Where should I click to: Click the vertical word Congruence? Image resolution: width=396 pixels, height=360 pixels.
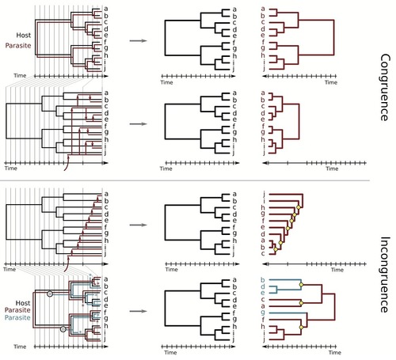[x=385, y=87]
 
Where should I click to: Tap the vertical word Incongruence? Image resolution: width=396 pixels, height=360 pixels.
[x=385, y=275]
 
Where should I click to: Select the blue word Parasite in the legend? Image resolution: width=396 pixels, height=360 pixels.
[x=17, y=317]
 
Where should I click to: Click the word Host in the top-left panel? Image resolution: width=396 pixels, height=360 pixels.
[x=24, y=35]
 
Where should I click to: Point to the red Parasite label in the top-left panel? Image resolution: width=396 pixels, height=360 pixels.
[x=18, y=45]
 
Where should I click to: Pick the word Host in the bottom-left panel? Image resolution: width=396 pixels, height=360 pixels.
[x=23, y=303]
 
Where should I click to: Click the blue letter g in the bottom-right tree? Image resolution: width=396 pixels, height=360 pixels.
[x=263, y=313]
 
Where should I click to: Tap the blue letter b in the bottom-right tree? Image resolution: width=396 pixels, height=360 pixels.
[x=263, y=279]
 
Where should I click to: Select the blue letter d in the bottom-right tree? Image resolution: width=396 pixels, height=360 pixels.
[x=263, y=286]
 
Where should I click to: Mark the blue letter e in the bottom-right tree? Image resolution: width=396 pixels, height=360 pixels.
[x=263, y=293]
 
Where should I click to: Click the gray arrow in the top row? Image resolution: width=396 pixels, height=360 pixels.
[x=138, y=40]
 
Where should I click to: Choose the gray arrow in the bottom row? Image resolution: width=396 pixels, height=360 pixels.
[x=138, y=311]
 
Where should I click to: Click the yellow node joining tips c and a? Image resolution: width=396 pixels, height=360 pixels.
[x=301, y=303]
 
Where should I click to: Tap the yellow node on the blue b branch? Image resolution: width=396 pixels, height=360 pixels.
[x=301, y=285]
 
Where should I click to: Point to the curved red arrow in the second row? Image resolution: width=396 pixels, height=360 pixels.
[x=67, y=163]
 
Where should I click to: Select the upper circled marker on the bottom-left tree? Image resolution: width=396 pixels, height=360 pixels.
[x=50, y=294]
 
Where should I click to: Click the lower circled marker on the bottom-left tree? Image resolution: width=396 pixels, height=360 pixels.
[x=63, y=329]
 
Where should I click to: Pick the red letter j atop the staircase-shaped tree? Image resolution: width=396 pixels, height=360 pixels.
[x=264, y=194]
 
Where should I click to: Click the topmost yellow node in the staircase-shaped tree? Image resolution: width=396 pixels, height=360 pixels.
[x=299, y=207]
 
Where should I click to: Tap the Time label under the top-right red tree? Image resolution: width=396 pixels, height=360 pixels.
[x=331, y=82]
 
